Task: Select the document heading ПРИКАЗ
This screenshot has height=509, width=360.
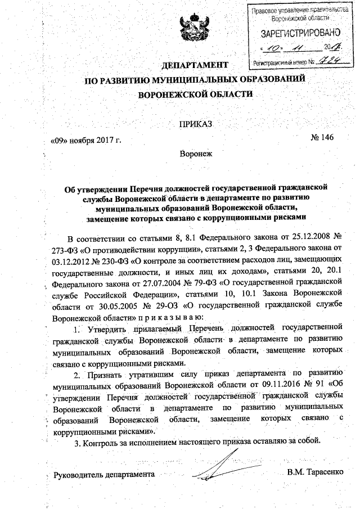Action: (x=195, y=123)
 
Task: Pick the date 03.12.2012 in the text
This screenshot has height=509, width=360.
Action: (x=72, y=259)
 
